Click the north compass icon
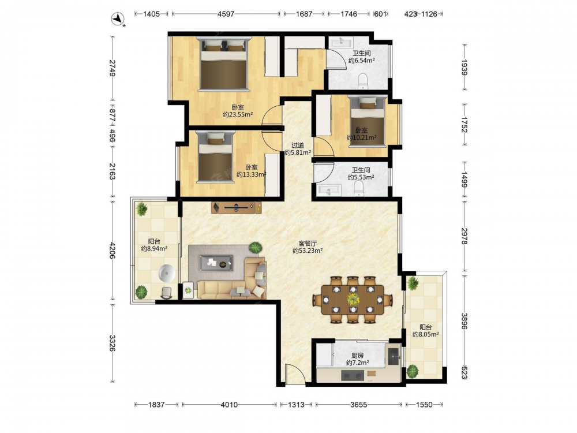(x=118, y=19)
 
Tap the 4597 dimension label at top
(x=226, y=14)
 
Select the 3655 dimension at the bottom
(x=358, y=405)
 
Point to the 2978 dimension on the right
(x=464, y=236)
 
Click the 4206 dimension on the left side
(x=113, y=249)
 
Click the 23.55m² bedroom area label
(x=238, y=114)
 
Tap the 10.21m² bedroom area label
(x=361, y=138)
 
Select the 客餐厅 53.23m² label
(x=308, y=247)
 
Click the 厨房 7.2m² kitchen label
(x=357, y=359)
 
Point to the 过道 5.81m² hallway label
(x=298, y=149)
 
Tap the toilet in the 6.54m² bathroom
(x=363, y=81)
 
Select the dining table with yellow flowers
(x=353, y=299)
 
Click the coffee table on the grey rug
(x=216, y=263)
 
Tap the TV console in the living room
(x=237, y=208)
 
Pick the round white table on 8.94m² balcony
(x=167, y=274)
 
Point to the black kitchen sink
(x=394, y=354)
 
